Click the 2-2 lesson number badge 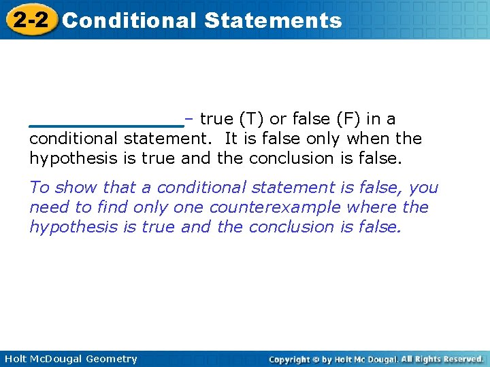tap(30, 20)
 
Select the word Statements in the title tap(272, 20)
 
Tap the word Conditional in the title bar tap(129, 20)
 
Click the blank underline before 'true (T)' tap(107, 125)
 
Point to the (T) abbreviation tap(251, 119)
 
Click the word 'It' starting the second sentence tap(230, 139)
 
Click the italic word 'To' tap(39, 188)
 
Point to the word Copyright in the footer tap(290, 359)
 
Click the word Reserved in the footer tap(461, 359)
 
